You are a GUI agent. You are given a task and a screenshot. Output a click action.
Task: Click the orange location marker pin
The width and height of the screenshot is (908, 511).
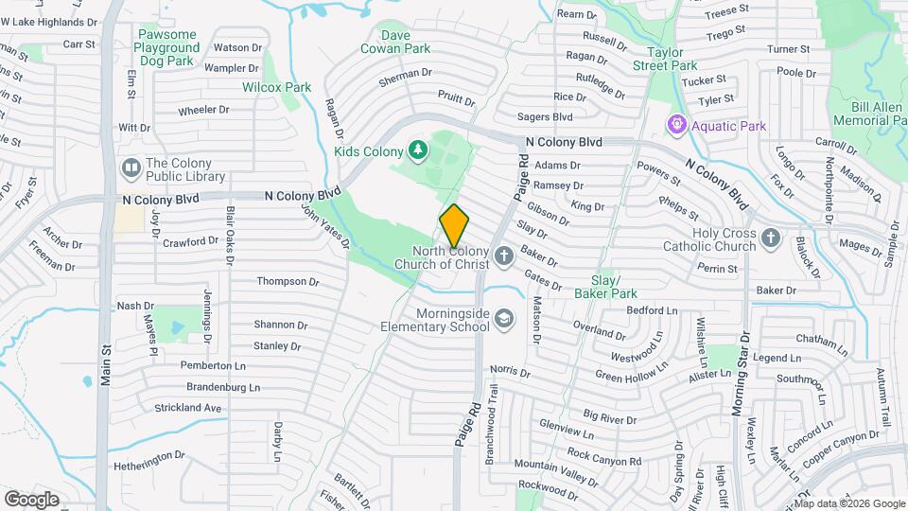pyautogui.click(x=455, y=225)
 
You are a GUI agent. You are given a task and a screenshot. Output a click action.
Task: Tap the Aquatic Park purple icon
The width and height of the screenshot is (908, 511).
pyautogui.click(x=676, y=125)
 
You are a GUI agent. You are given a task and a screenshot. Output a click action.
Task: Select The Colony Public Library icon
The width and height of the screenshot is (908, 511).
pyautogui.click(x=131, y=168)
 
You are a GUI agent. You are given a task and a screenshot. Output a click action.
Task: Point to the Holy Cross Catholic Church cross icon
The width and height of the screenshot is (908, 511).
pyautogui.click(x=771, y=237)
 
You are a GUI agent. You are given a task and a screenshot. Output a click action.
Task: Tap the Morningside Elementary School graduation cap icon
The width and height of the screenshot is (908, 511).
pyautogui.click(x=503, y=318)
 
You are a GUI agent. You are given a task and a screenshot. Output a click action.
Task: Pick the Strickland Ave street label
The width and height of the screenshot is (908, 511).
pyautogui.click(x=188, y=408)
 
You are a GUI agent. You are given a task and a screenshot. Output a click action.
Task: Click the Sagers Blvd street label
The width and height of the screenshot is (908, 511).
pyautogui.click(x=545, y=117)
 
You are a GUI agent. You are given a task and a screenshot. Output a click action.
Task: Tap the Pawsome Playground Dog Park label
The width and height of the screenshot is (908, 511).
pyautogui.click(x=166, y=47)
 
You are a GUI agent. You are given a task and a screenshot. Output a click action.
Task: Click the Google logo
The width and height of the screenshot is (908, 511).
pyautogui.click(x=31, y=499)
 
